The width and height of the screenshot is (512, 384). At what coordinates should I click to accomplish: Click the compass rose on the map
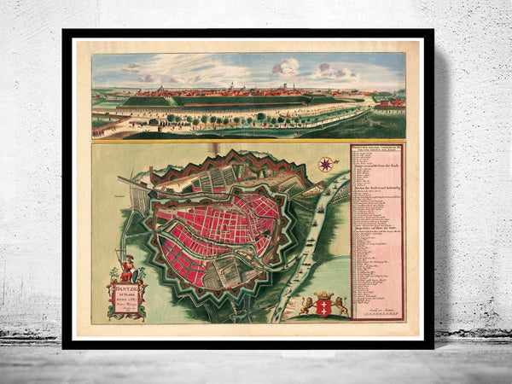point(324,164)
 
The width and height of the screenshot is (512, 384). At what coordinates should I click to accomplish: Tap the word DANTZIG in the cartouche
point(125,285)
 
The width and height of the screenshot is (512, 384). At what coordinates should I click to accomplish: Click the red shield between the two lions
point(323,305)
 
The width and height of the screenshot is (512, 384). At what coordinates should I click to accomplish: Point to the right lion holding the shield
point(340,305)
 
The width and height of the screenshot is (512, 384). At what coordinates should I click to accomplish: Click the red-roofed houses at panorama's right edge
point(390,103)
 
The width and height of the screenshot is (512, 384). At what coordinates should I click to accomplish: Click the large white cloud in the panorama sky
point(286,67)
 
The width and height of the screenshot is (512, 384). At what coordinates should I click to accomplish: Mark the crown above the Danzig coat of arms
point(323,294)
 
